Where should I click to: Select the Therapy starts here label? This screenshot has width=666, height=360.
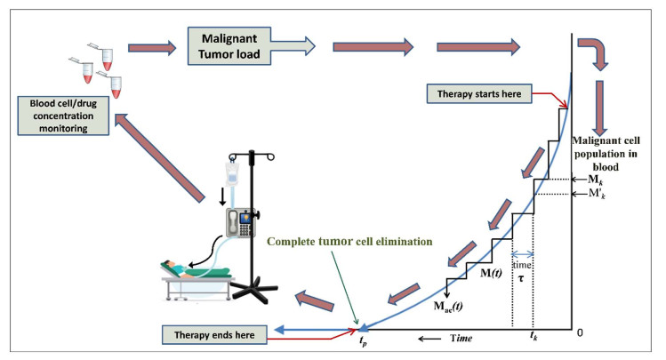point(481,93)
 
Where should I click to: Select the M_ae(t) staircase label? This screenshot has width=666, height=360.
point(451,308)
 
